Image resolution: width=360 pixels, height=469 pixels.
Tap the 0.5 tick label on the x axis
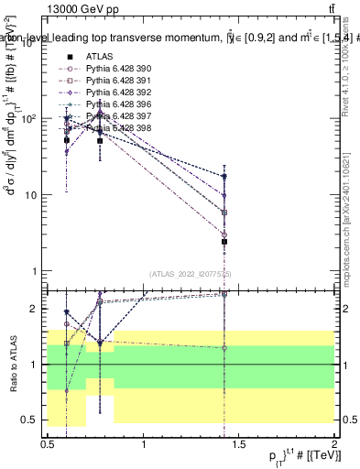(x=48, y=443)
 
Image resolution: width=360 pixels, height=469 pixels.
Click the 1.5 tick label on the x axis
(x=239, y=443)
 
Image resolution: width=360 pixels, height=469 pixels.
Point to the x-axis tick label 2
(x=334, y=443)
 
